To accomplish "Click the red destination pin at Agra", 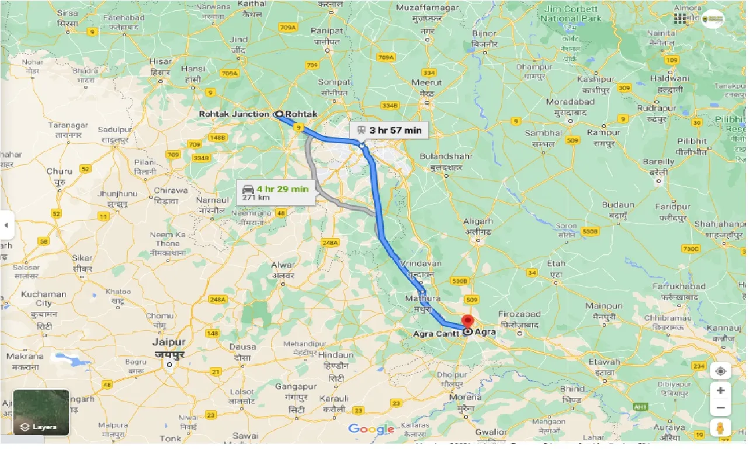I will point(468,321).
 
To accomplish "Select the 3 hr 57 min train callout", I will point(389,130).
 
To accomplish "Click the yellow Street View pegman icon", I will point(720,428).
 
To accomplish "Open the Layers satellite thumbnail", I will point(41,413).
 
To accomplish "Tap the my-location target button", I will point(720,372).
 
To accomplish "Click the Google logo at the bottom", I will point(371,430).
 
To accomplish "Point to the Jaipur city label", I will point(169,342).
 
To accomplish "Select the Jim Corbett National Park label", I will point(570,13).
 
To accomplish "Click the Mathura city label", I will point(418,299).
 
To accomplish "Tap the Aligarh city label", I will point(478,221).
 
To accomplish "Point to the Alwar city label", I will point(283,265).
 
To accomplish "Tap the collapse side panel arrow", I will point(6,225).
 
